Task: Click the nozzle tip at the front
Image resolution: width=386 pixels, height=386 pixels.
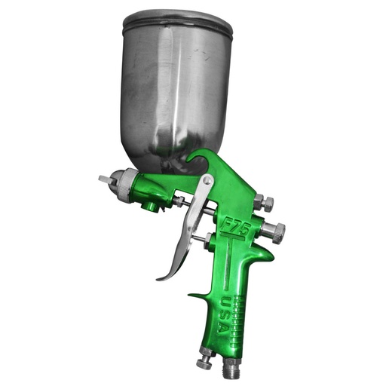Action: pos(103,179)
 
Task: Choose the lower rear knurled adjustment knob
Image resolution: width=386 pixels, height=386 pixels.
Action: pos(276,231)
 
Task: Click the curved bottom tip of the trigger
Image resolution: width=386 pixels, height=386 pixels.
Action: pos(163,276)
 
